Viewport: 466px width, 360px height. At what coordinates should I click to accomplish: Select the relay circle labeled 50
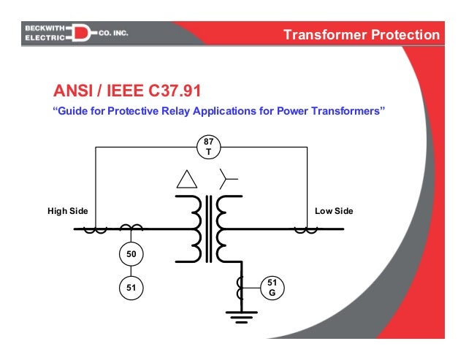pyautogui.click(x=131, y=254)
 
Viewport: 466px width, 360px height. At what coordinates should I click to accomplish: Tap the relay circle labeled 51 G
pyautogui.click(x=272, y=288)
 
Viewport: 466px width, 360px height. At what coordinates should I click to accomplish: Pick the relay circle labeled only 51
pyautogui.click(x=131, y=288)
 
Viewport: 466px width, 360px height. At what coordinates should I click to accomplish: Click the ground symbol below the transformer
pyautogui.click(x=238, y=314)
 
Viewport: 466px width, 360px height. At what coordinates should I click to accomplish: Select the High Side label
pyautogui.click(x=68, y=211)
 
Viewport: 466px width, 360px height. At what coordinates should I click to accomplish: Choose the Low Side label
pyautogui.click(x=334, y=211)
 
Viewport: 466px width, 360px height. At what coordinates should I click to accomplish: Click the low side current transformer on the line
pyautogui.click(x=305, y=230)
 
